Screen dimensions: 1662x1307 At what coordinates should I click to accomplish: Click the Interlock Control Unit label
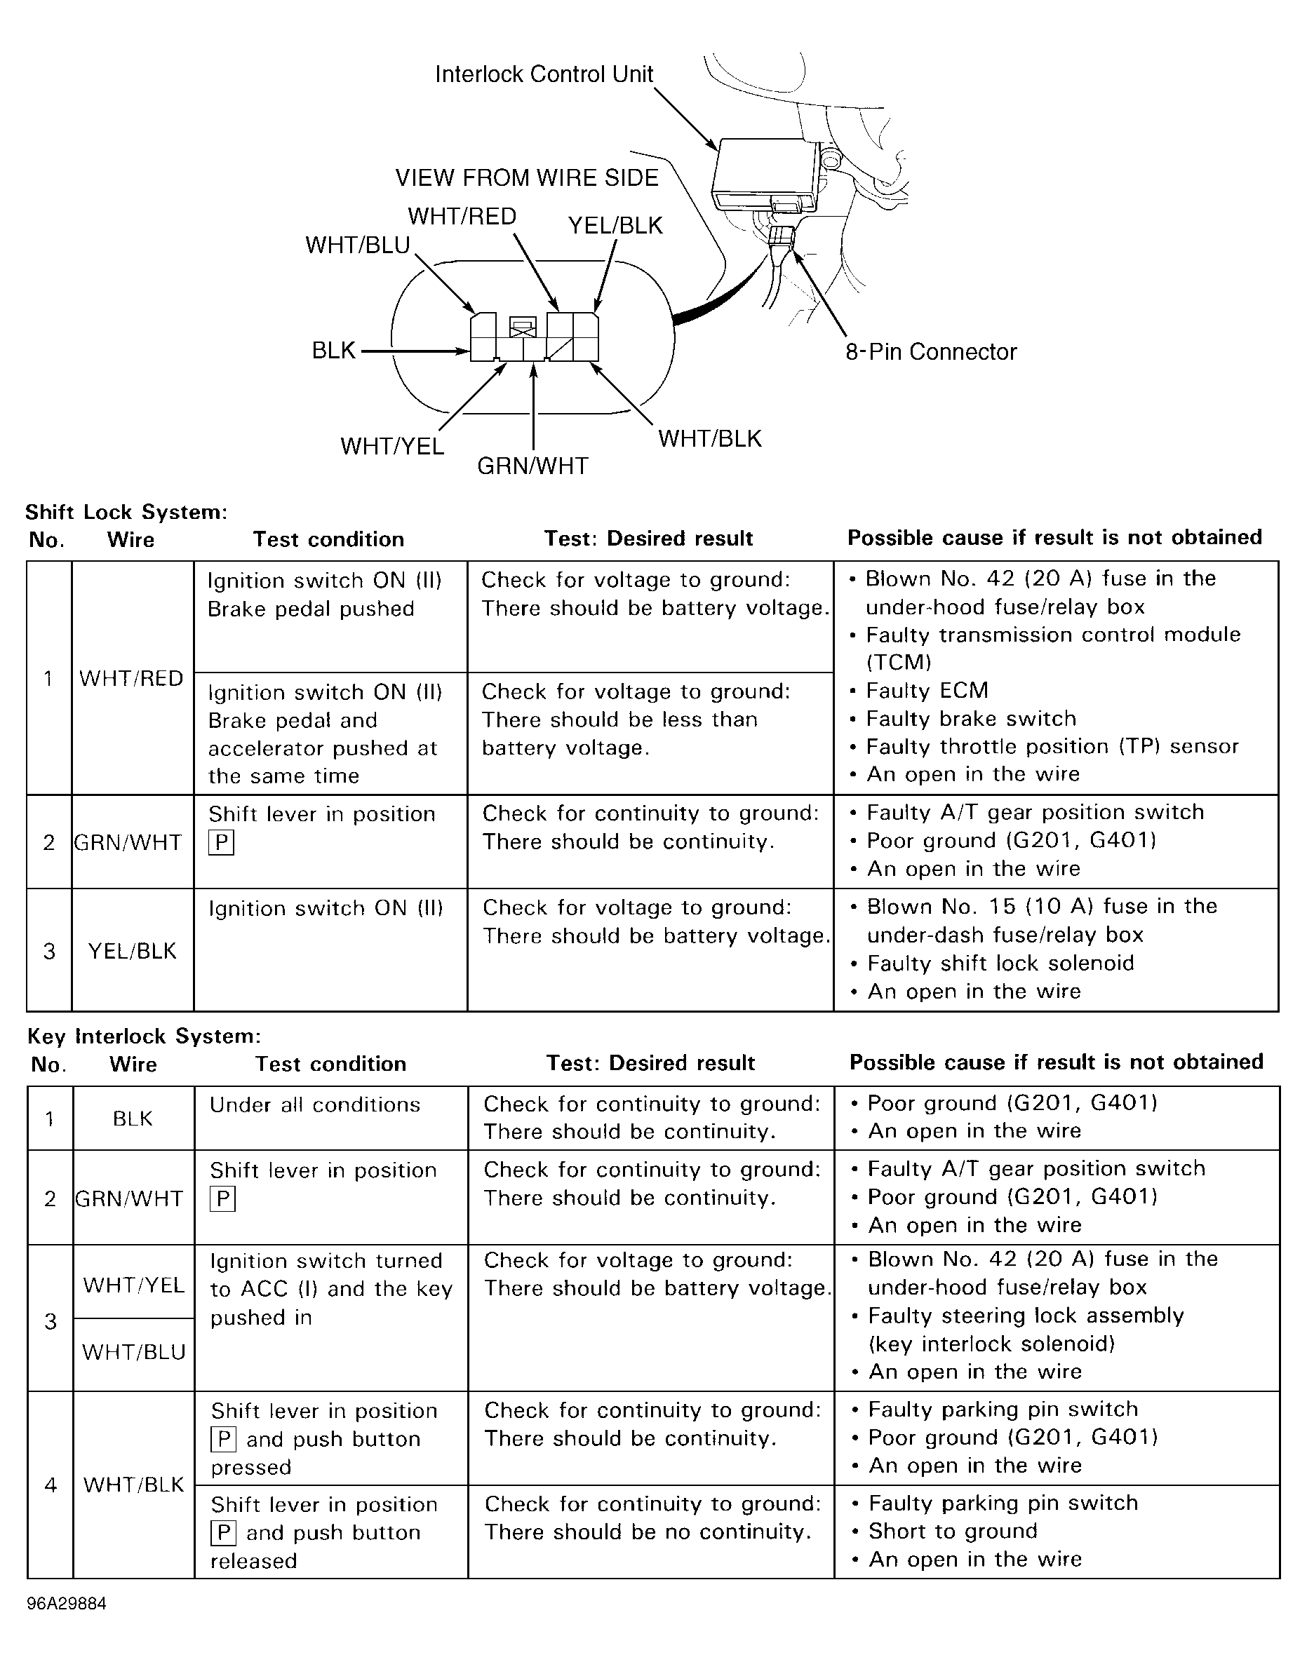(x=544, y=74)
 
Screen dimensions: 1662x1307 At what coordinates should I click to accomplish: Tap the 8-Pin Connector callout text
(x=930, y=352)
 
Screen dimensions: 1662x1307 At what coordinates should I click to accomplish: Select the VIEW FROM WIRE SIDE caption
(x=526, y=178)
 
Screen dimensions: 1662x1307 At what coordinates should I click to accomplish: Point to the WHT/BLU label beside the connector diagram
(x=357, y=245)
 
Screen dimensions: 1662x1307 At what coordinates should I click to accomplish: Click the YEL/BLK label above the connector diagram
(x=615, y=226)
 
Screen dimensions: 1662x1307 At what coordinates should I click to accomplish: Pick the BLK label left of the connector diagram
(x=334, y=351)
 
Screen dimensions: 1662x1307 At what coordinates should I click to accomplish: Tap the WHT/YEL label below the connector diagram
(x=391, y=446)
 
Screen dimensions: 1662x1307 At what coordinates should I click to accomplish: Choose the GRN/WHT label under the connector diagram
(x=532, y=466)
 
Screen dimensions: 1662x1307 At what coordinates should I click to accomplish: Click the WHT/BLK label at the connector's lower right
(x=710, y=439)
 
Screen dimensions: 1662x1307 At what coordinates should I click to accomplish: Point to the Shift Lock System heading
(x=126, y=512)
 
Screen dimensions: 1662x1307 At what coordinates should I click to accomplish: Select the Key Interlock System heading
(x=144, y=1036)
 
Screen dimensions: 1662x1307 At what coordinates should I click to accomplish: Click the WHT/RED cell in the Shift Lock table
(x=132, y=678)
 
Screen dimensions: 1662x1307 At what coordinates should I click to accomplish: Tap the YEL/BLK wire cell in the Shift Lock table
(x=132, y=951)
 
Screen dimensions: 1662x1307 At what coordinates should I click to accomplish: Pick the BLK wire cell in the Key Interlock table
(x=133, y=1119)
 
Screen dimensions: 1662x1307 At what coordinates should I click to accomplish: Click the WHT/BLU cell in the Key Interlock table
(x=134, y=1352)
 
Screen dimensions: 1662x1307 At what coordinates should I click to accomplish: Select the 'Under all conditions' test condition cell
(x=314, y=1104)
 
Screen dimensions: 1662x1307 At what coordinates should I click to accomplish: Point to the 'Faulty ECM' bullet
(x=927, y=691)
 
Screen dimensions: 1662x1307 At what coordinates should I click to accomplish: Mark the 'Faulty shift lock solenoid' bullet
(x=1000, y=963)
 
